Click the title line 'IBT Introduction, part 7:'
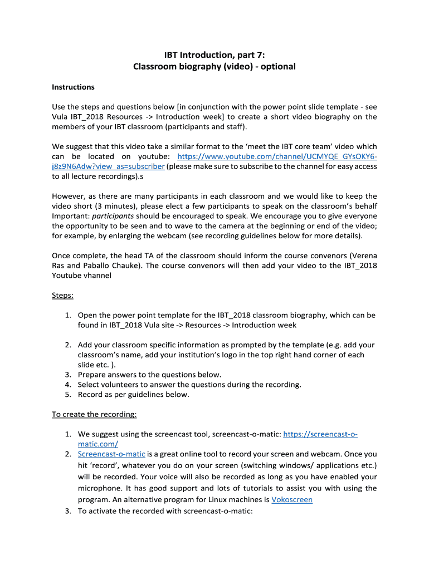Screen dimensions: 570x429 point(214,55)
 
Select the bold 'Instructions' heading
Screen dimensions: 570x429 point(73,87)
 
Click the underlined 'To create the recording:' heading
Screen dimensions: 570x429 point(94,414)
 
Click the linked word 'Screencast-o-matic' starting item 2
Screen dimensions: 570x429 point(111,454)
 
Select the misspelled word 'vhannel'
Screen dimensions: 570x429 point(96,275)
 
